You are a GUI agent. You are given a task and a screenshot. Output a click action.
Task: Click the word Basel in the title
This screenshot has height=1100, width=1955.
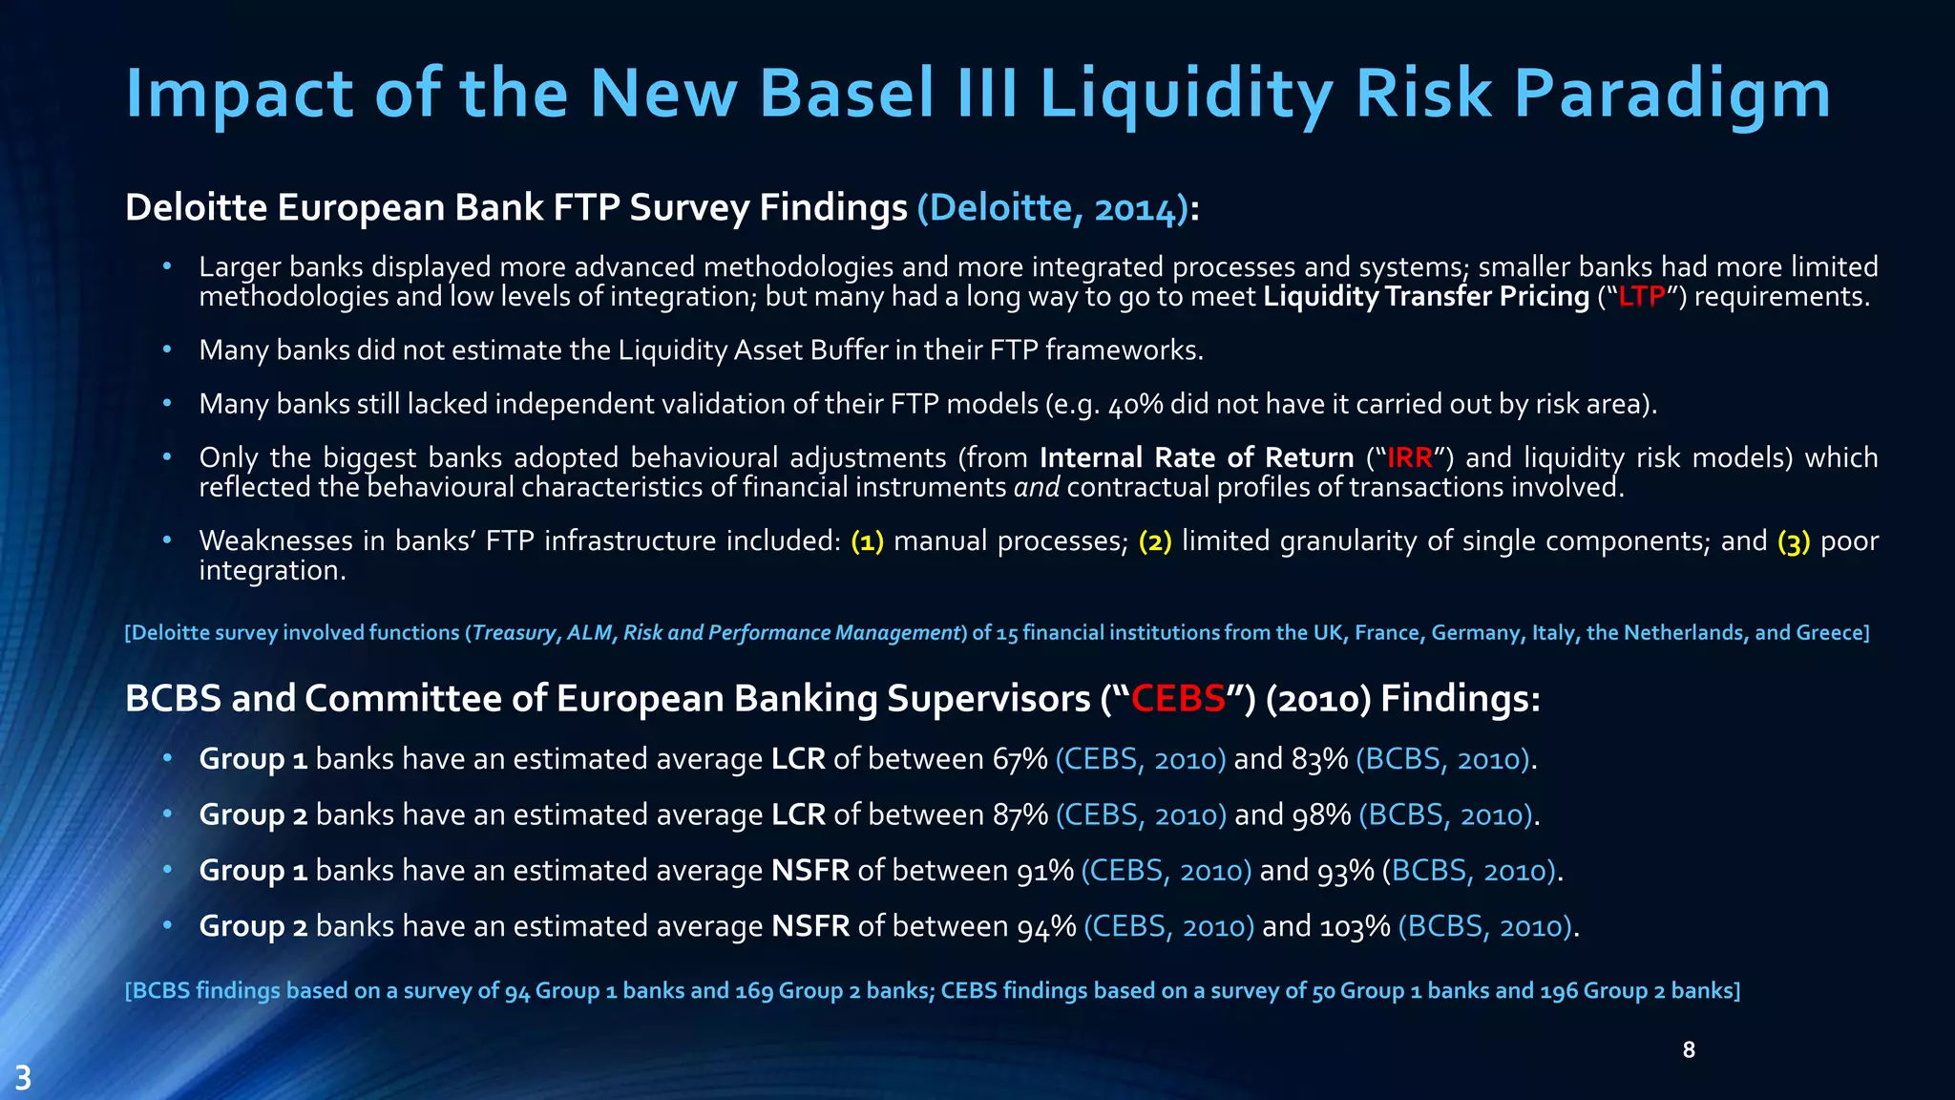pos(846,94)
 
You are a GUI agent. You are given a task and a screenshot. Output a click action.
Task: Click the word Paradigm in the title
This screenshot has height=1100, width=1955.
pos(1671,94)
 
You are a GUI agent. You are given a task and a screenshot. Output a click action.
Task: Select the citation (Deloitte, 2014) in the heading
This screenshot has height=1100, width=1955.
pos(1052,208)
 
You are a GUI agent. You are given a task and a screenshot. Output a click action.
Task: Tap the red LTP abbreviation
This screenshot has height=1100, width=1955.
pos(1642,297)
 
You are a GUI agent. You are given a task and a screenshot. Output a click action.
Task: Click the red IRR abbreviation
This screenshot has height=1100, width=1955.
pos(1410,458)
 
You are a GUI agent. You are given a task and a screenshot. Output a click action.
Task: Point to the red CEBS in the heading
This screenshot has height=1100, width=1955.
pos(1178,699)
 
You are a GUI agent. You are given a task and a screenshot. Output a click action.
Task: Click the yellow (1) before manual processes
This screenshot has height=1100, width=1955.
pos(867,541)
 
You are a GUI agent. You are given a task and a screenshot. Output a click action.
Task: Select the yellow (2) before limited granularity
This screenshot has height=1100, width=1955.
pos(1155,541)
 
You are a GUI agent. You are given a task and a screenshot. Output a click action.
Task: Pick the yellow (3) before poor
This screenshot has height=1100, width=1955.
pos(1794,541)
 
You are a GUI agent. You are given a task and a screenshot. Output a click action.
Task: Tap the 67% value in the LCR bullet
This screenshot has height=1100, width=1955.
pos(1020,759)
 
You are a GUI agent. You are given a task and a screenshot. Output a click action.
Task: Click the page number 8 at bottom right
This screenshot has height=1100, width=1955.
pos(1689,1050)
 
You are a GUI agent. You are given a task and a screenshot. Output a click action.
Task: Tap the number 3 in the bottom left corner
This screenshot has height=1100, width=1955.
pos(23,1079)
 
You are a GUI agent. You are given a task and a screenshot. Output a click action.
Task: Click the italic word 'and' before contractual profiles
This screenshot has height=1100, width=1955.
pos(1037,488)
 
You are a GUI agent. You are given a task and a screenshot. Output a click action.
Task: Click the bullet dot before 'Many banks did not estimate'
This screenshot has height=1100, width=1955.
pos(167,349)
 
